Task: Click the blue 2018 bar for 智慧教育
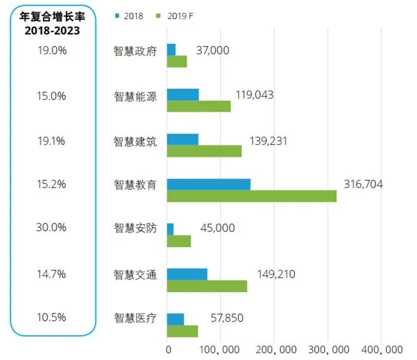pos(208,184)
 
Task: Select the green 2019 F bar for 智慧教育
pos(251,196)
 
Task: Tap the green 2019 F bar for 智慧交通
pos(206,286)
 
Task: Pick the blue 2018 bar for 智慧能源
pos(182,94)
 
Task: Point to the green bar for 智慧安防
pos(179,241)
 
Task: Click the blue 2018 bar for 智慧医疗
pos(175,319)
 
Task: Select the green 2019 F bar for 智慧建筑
pos(204,151)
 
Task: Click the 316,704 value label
pos(363,184)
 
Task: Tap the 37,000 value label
pos(212,50)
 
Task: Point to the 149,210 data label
pos(276,274)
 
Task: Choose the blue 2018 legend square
pos(117,16)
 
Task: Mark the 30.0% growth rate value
pos(51,228)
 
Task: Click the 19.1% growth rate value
pos(51,141)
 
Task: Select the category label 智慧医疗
pos(135,318)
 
